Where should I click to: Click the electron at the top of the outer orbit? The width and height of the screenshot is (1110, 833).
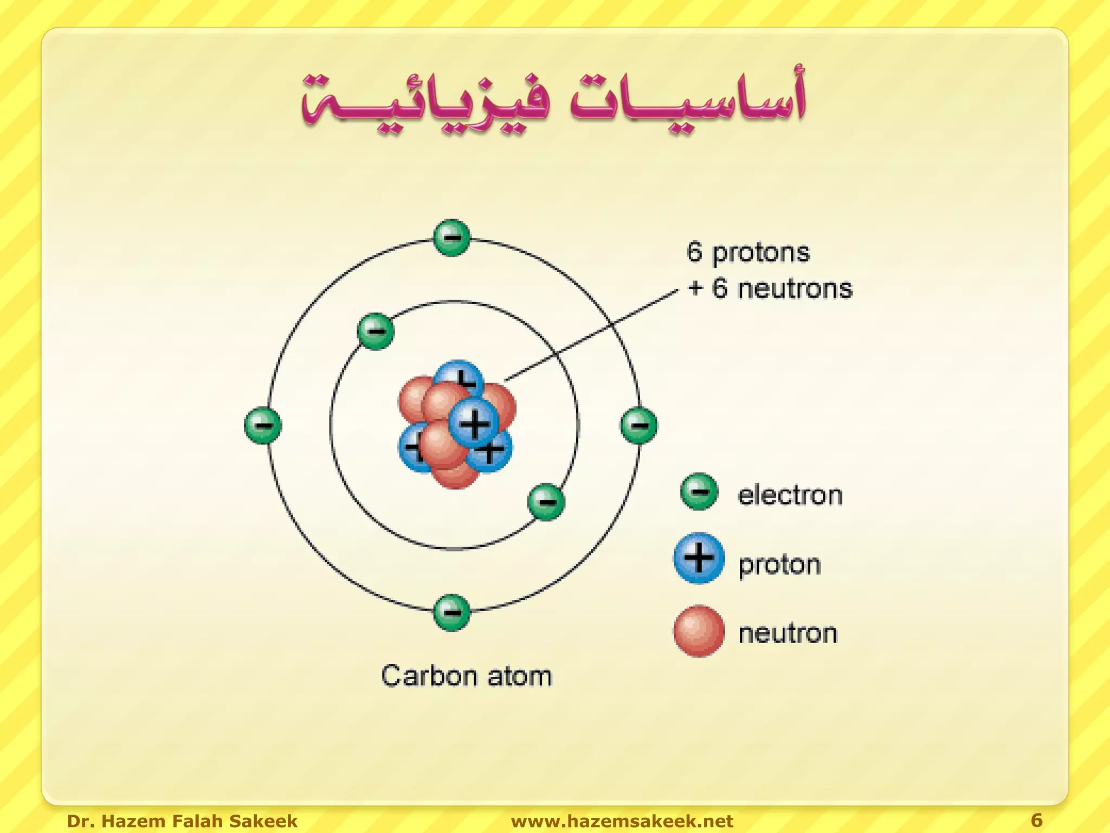451,238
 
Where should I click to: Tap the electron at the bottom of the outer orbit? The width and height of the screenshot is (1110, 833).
451,612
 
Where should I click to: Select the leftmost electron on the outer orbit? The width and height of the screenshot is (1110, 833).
263,425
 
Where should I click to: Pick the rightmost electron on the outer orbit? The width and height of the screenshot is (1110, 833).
639,425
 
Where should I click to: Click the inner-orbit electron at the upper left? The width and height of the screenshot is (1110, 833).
376,331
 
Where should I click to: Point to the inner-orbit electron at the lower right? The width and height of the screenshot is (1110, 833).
546,502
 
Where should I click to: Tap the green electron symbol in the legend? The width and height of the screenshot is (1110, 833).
699,492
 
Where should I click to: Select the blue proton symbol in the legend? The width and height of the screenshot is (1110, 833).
699,558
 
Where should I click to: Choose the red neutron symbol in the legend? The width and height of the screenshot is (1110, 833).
699,631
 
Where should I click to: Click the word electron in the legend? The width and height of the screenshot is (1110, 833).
790,495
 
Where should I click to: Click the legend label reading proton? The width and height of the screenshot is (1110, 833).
779,565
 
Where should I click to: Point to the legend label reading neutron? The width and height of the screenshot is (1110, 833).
788,633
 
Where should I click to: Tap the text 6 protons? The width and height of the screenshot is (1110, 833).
748,253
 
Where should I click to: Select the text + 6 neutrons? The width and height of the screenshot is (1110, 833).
770,288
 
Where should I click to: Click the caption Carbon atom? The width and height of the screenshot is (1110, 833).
466,676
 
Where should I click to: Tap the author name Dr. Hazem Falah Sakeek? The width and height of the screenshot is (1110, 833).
182,821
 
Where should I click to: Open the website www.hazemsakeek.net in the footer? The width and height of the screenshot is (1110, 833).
622,821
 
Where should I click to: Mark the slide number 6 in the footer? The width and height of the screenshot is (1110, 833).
1036,820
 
